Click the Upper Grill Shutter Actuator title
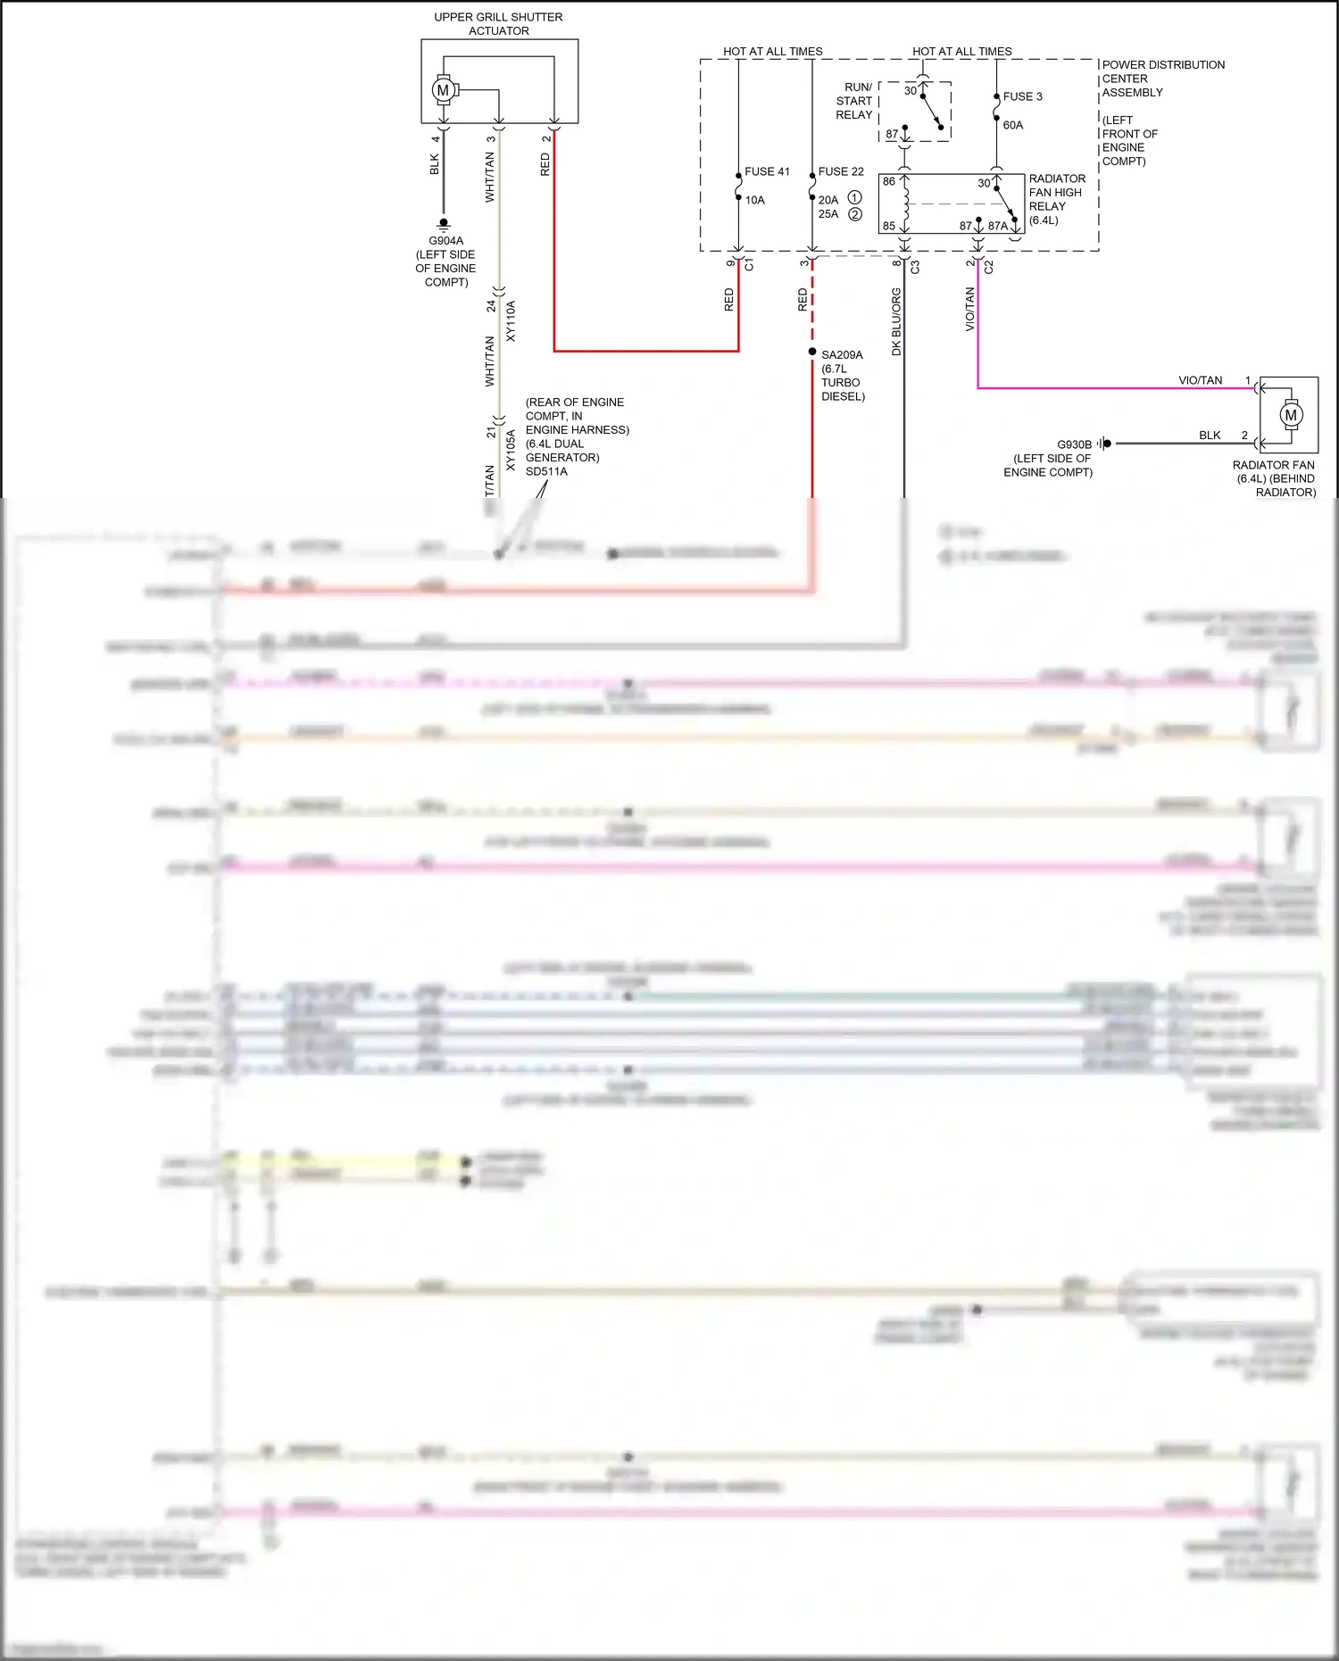coord(498,24)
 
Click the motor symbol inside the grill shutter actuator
coord(443,90)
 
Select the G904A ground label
coord(445,241)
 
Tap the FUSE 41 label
coord(767,171)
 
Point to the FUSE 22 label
coord(841,171)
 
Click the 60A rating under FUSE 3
coord(1013,125)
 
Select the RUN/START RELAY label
coord(854,101)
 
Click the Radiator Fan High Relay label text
coord(1057,199)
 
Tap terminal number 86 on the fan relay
coord(889,181)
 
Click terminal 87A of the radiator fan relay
coord(997,226)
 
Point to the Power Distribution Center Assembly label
coord(1162,79)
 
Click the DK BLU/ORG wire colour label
coord(896,321)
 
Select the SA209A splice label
coord(842,355)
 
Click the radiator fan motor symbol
coord(1291,415)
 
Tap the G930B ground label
coord(1074,444)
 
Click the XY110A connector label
coord(511,321)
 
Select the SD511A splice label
coord(546,471)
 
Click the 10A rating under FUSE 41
coord(755,200)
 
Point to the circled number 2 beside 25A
coord(855,214)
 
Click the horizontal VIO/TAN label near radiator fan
coord(1200,380)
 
